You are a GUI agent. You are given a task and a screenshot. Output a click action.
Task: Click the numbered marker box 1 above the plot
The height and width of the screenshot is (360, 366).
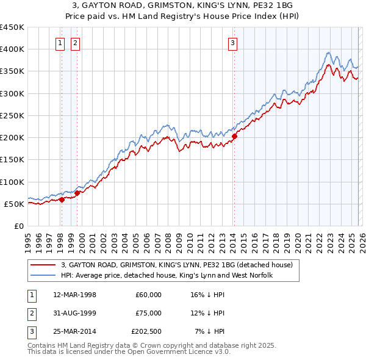[x=61, y=43]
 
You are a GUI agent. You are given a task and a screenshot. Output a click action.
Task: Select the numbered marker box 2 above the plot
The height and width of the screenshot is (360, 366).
[x=74, y=43]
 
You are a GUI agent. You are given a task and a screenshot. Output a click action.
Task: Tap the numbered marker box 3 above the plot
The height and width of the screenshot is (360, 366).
[x=233, y=43]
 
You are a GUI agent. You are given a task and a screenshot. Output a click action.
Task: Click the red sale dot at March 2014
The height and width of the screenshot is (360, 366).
[x=234, y=136]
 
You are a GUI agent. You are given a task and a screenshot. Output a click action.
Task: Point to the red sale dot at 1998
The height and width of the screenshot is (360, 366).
[x=62, y=199]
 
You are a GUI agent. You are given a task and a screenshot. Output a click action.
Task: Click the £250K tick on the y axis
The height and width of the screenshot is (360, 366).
[x=12, y=115]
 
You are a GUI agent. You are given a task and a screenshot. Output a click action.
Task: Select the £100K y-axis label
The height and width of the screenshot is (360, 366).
[x=12, y=182]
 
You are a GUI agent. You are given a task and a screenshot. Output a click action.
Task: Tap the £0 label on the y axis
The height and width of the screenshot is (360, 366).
[x=19, y=226]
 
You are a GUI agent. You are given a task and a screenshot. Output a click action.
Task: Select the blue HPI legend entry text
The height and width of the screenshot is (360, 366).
[x=167, y=275]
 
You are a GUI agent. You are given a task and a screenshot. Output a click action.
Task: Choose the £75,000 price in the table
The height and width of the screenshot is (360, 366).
[x=148, y=313]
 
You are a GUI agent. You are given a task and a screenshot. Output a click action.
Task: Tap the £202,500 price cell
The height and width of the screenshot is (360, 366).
[x=146, y=331]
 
